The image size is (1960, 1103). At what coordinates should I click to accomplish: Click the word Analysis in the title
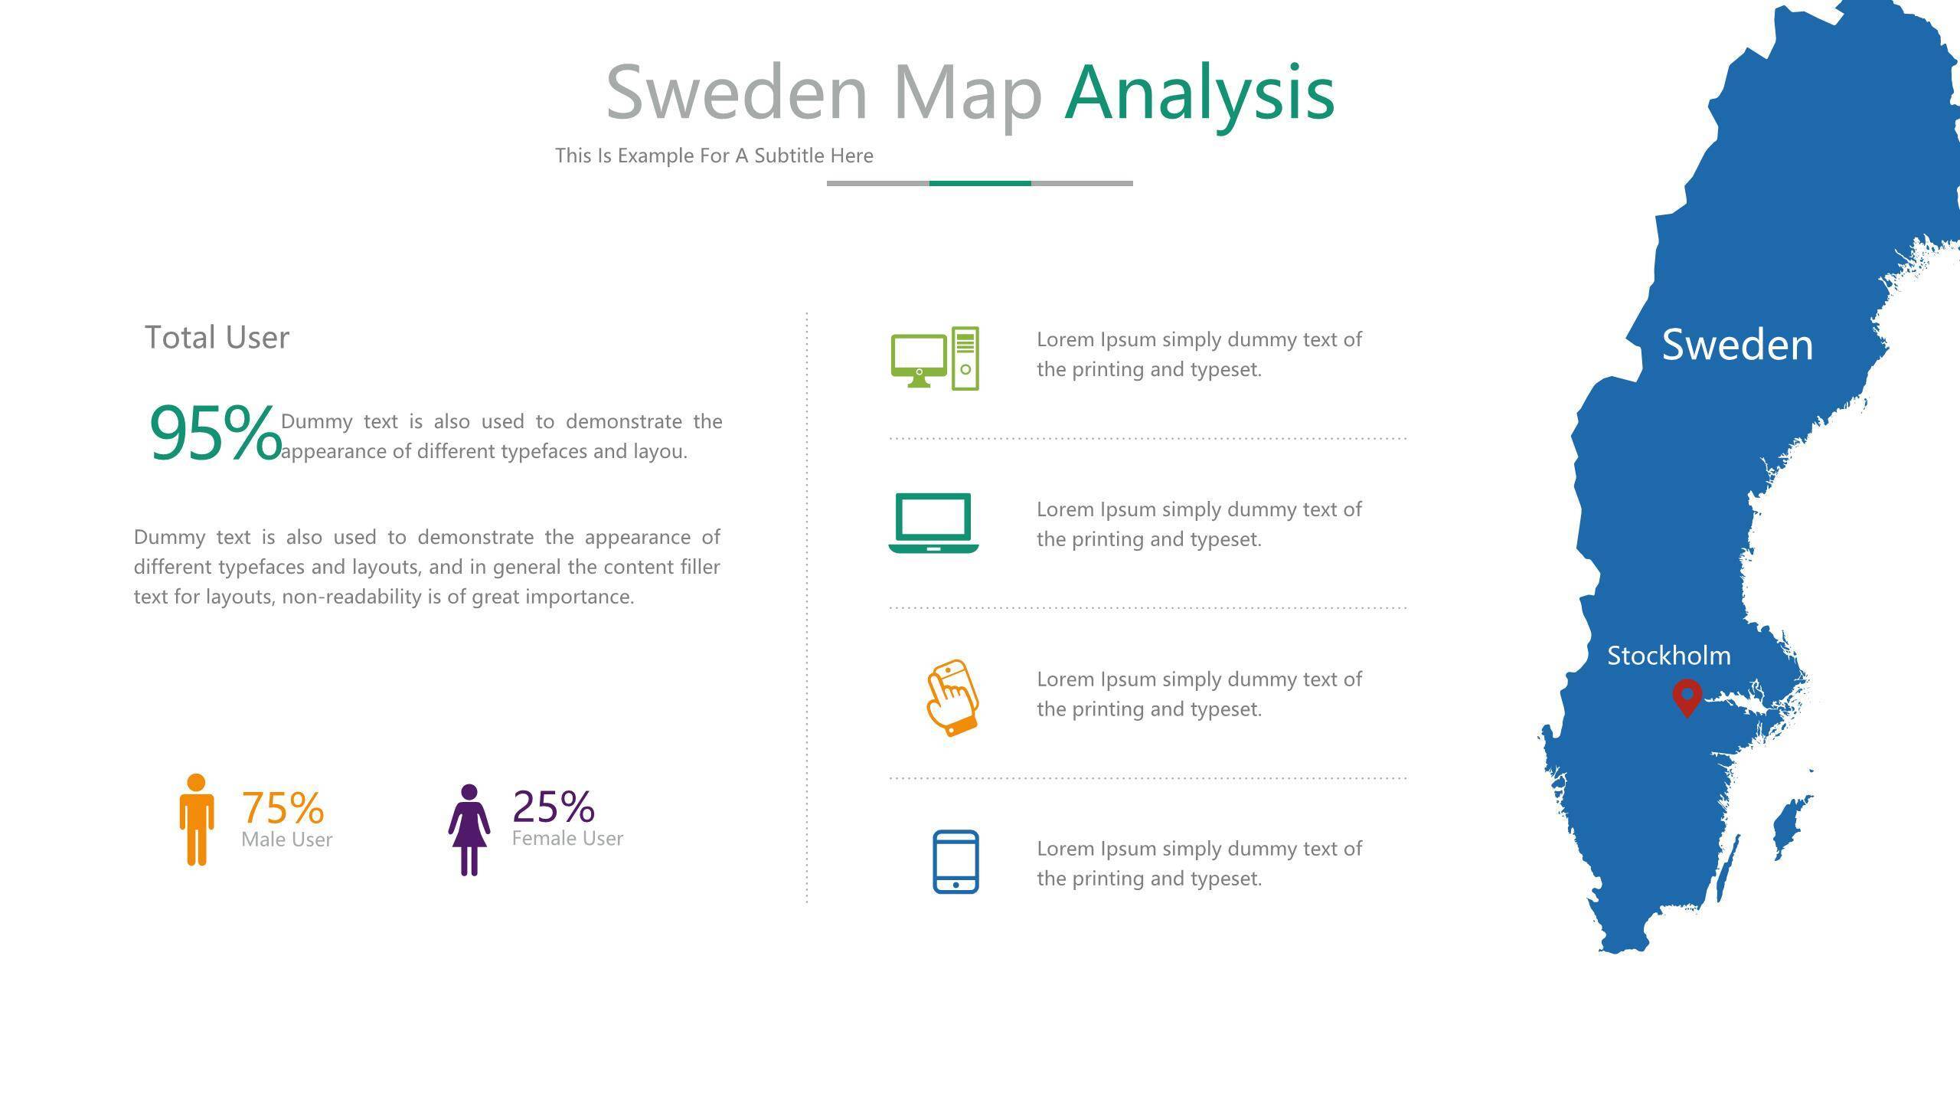[x=1200, y=94]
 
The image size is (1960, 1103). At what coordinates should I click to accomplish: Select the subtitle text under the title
[x=714, y=155]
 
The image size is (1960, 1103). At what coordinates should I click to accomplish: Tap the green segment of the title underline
[x=980, y=183]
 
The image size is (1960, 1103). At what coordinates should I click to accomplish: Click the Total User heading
[x=217, y=338]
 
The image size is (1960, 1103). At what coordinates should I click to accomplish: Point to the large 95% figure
[x=216, y=434]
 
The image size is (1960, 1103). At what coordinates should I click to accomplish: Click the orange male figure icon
[x=197, y=820]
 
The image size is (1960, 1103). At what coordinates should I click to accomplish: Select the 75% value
[x=283, y=807]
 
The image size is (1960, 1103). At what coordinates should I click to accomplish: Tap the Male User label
[x=287, y=840]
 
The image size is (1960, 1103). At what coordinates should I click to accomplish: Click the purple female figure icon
[x=469, y=830]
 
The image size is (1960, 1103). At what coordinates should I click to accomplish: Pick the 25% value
[x=554, y=806]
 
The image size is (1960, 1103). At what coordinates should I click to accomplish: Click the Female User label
[x=568, y=838]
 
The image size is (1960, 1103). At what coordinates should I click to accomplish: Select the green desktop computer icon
[x=935, y=358]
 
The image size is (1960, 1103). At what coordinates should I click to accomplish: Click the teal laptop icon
[x=934, y=522]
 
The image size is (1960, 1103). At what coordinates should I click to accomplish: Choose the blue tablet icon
[x=955, y=862]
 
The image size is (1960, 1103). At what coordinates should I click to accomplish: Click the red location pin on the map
[x=1687, y=698]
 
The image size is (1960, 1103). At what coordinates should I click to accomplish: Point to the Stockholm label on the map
[x=1669, y=656]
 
